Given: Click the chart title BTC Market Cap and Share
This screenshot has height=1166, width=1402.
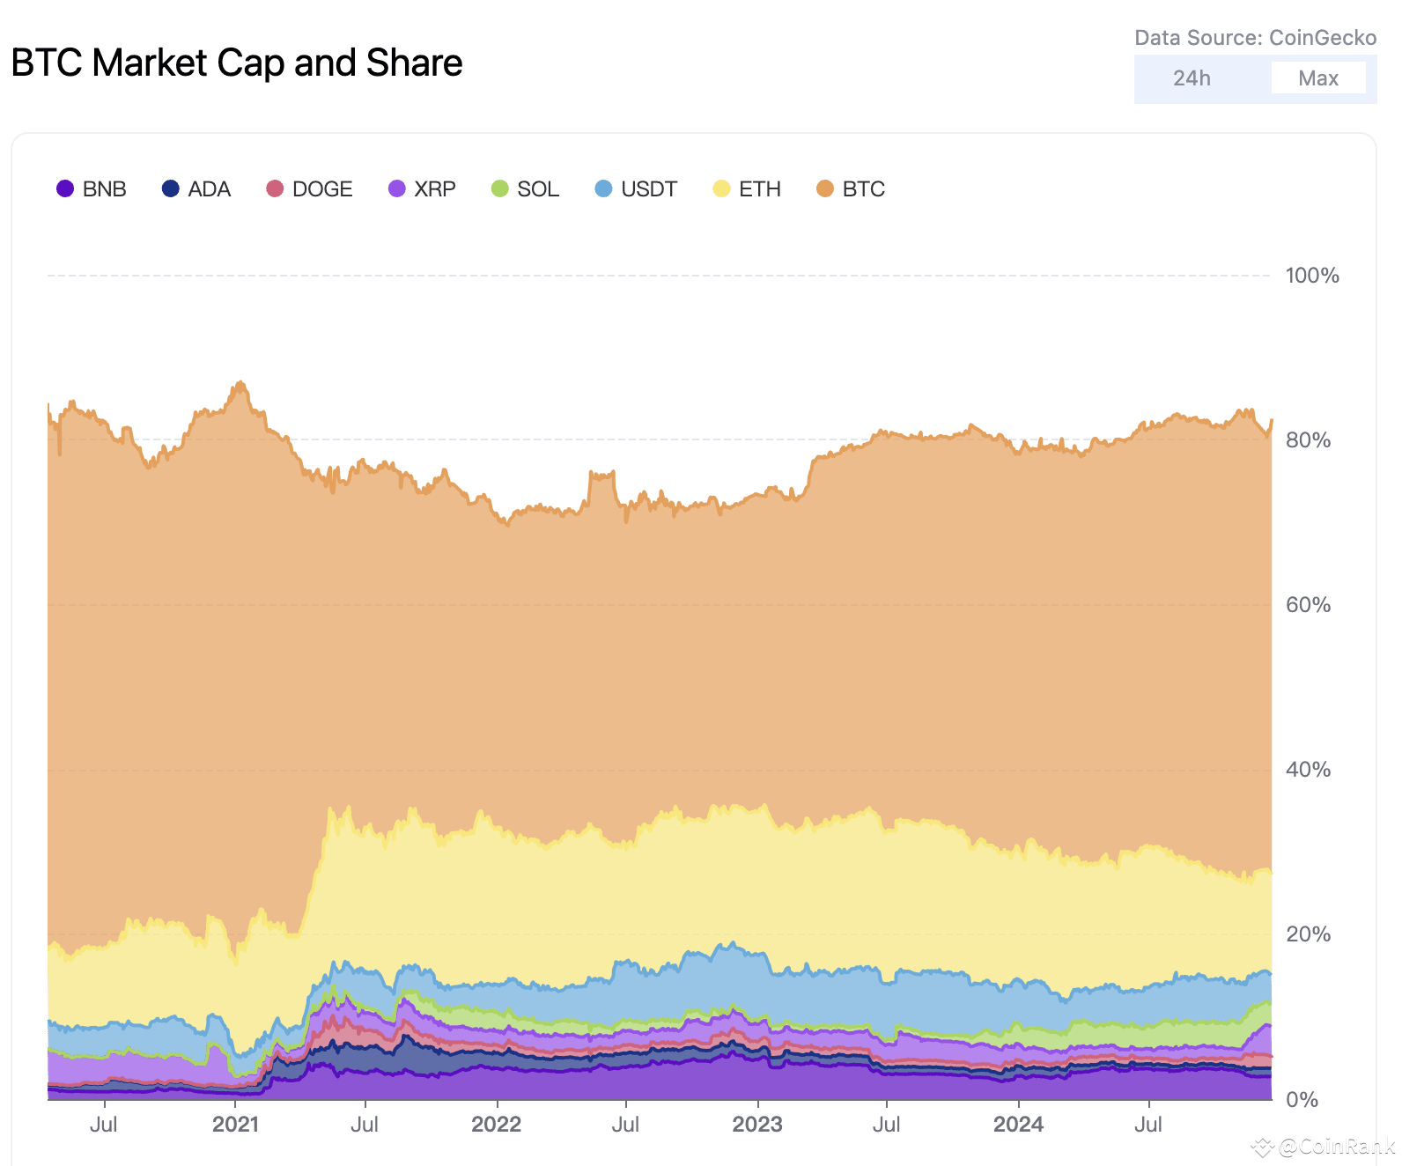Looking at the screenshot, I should (237, 63).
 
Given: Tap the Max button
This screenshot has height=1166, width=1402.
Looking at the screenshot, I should (1317, 78).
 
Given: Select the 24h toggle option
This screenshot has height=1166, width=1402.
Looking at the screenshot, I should (1192, 78).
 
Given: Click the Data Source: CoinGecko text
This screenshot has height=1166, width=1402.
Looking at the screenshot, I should (1255, 38).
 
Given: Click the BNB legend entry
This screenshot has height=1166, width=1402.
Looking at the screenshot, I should (92, 189).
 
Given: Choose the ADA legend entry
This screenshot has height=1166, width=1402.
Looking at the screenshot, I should (196, 189).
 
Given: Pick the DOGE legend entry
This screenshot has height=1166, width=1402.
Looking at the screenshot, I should (309, 189).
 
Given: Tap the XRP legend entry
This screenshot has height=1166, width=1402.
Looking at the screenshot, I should (422, 189).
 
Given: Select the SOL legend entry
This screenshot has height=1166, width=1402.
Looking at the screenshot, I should (525, 189).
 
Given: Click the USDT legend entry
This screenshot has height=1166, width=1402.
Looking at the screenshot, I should (636, 189).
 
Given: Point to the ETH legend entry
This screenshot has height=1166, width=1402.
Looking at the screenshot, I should (747, 189).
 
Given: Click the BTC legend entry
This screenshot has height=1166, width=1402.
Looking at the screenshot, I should (851, 189).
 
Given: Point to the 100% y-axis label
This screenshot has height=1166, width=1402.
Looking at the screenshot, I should (1311, 276).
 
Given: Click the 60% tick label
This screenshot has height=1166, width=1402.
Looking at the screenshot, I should (1308, 605).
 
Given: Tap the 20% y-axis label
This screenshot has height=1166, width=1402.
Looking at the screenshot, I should (1308, 934).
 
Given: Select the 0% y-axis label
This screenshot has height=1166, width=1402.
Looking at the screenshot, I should (1302, 1099).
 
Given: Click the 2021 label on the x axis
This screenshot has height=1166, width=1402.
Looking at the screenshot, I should (236, 1125).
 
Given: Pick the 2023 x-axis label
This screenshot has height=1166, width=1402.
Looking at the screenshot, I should (757, 1125).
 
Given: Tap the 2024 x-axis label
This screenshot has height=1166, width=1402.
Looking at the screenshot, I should (1018, 1125).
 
